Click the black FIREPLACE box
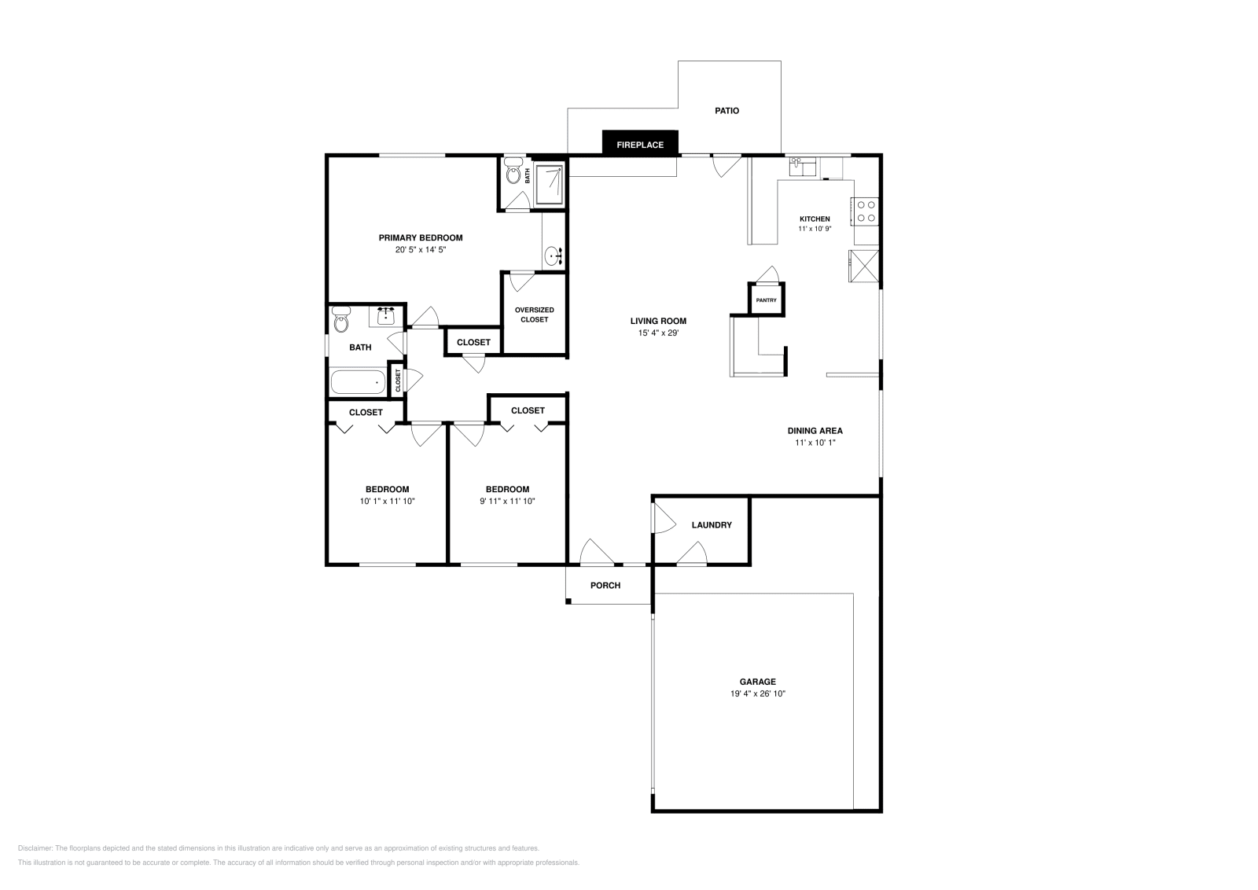point(639,145)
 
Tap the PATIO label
point(726,111)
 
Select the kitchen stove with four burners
point(866,211)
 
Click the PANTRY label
point(766,300)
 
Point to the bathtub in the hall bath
point(359,382)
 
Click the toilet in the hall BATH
point(340,322)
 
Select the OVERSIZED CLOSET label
point(534,314)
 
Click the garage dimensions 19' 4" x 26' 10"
point(757,694)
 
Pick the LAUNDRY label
point(712,525)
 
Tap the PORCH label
point(605,586)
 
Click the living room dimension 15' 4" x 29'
point(658,333)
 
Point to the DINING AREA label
point(815,431)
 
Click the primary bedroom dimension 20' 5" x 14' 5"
point(421,250)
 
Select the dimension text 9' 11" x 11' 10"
point(507,502)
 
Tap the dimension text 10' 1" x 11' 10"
point(387,502)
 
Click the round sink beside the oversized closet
point(554,255)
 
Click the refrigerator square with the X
point(863,265)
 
